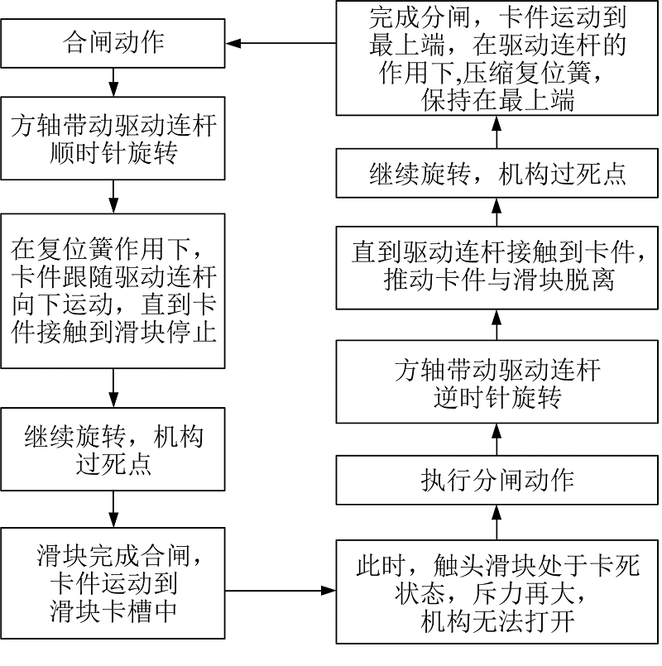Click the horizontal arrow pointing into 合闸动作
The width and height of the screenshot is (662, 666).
tap(281, 43)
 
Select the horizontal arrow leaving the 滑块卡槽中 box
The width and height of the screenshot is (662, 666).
tap(281, 591)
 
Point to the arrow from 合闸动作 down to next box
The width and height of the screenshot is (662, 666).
tap(113, 83)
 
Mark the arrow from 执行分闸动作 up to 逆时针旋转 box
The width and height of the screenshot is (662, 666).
tap(496, 439)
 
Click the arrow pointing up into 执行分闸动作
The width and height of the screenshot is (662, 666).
tap(496, 522)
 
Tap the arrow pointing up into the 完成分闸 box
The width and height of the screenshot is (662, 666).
tap(496, 132)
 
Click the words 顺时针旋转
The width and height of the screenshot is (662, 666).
tap(113, 153)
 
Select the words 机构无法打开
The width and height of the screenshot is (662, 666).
tap(497, 621)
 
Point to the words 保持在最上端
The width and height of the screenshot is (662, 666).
tap(497, 100)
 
